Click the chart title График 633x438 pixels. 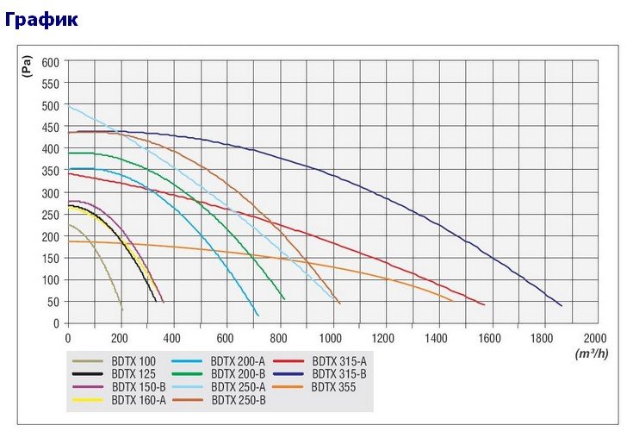(x=41, y=17)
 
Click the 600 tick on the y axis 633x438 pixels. (x=49, y=62)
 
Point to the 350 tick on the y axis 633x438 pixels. (x=49, y=171)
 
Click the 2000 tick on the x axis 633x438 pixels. (x=595, y=339)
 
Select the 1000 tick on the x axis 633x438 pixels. (x=332, y=339)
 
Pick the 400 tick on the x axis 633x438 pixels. (x=173, y=339)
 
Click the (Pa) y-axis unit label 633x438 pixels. (x=27, y=66)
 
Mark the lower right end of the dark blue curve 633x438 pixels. (x=562, y=306)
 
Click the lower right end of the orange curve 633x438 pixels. (x=452, y=301)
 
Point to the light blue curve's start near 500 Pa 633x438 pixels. (x=69, y=107)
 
